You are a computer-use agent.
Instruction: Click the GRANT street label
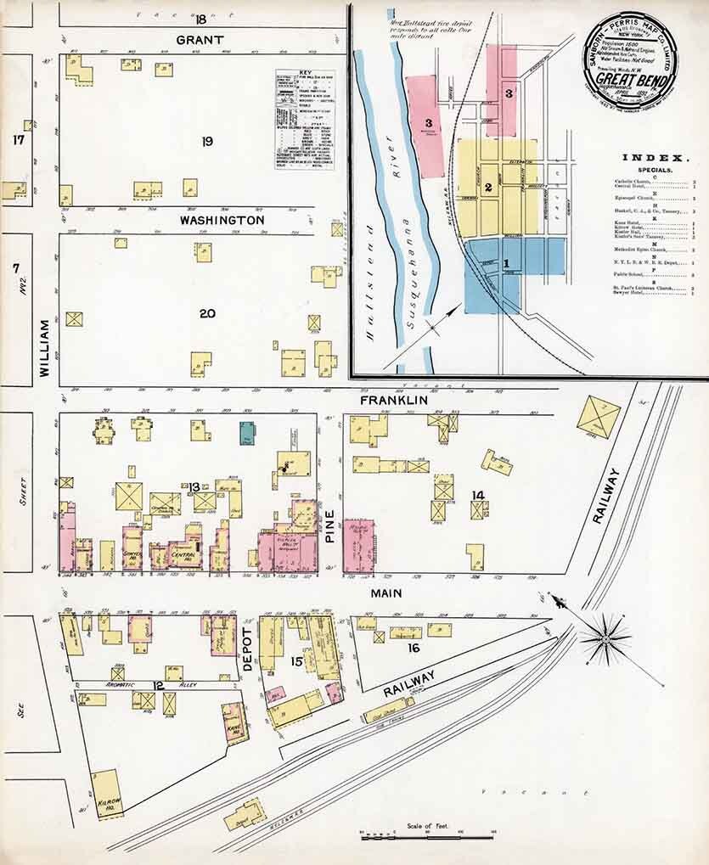pyautogui.click(x=200, y=40)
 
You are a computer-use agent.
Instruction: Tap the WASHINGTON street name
pyautogui.click(x=222, y=220)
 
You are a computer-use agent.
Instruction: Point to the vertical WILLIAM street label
pyautogui.click(x=45, y=355)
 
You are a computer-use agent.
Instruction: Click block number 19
pyautogui.click(x=206, y=141)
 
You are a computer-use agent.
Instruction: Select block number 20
pyautogui.click(x=207, y=313)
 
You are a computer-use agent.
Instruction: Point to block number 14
pyautogui.click(x=478, y=495)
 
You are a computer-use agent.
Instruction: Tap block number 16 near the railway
pyautogui.click(x=413, y=649)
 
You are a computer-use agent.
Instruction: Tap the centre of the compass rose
pyautogui.click(x=605, y=637)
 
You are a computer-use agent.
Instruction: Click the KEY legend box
pyautogui.click(x=304, y=120)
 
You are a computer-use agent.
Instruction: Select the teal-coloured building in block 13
pyautogui.click(x=247, y=433)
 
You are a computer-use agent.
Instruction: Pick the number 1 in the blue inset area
pyautogui.click(x=507, y=264)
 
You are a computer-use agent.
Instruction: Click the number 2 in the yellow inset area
pyautogui.click(x=488, y=188)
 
